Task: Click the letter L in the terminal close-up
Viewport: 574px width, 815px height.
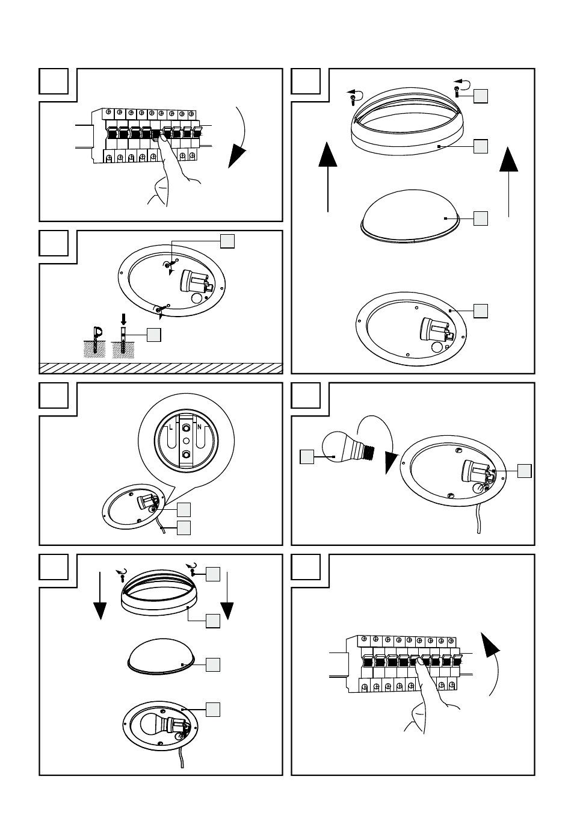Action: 171,427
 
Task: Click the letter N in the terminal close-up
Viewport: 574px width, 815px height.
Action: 199,427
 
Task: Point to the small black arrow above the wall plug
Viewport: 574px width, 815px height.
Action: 124,317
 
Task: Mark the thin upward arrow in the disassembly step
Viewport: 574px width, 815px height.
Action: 509,180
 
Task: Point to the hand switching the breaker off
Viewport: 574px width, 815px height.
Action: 171,175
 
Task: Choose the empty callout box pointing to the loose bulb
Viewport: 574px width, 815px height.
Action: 307,457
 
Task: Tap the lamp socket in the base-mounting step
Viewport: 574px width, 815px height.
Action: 196,283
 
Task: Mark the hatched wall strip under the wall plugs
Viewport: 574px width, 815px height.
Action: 161,368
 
